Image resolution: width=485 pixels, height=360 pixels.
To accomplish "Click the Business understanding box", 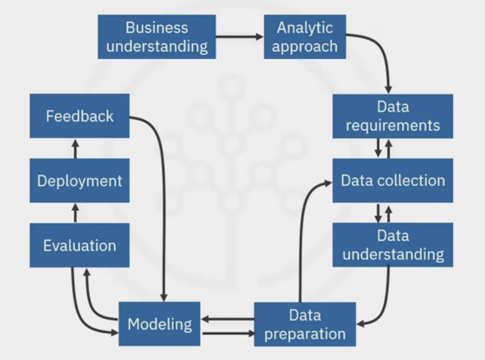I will pyautogui.click(x=156, y=36).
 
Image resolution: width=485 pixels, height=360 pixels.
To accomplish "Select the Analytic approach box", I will pyautogui.click(x=305, y=36).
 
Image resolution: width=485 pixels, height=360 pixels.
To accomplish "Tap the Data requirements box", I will pyautogui.click(x=392, y=116).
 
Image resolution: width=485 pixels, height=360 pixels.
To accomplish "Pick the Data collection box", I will pyautogui.click(x=392, y=180).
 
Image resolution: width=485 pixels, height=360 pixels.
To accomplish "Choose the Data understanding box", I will pyautogui.click(x=392, y=244).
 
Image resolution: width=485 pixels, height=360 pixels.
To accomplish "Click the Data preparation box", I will pyautogui.click(x=305, y=324).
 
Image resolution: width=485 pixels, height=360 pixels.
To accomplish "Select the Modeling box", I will pyautogui.click(x=159, y=323).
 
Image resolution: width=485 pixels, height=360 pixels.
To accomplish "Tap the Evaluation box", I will pyautogui.click(x=80, y=244).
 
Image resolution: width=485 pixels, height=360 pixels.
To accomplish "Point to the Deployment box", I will pyautogui.click(x=80, y=181).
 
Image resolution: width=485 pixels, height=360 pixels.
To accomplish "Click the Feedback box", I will pyautogui.click(x=80, y=116).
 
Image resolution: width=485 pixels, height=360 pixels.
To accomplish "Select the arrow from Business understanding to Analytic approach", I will pyautogui.click(x=240, y=36).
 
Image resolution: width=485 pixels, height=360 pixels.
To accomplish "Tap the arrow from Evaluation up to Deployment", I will pyautogui.click(x=75, y=212).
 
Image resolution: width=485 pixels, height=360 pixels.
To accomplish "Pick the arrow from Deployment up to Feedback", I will pyautogui.click(x=75, y=148).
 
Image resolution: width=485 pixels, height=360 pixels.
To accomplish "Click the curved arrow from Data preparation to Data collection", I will pyautogui.click(x=303, y=235).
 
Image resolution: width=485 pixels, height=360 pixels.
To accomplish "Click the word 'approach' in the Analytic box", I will pyautogui.click(x=305, y=46).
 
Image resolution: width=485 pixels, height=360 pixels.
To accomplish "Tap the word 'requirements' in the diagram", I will pyautogui.click(x=392, y=125).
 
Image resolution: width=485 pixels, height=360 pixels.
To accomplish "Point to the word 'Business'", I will pyautogui.click(x=156, y=27).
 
